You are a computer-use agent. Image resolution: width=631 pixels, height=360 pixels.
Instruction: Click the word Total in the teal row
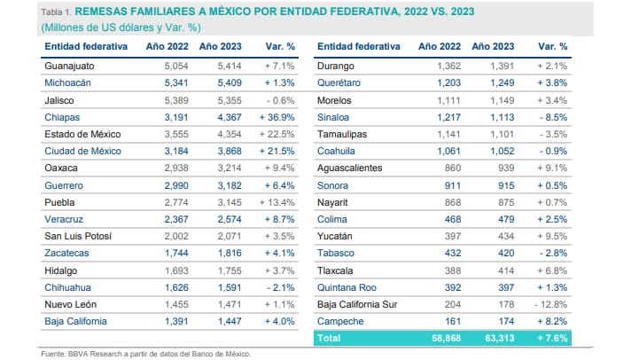[x=331, y=338]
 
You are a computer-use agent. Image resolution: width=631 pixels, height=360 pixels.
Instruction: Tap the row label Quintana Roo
[x=347, y=286]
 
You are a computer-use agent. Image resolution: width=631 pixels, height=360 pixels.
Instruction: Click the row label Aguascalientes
[x=354, y=168]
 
